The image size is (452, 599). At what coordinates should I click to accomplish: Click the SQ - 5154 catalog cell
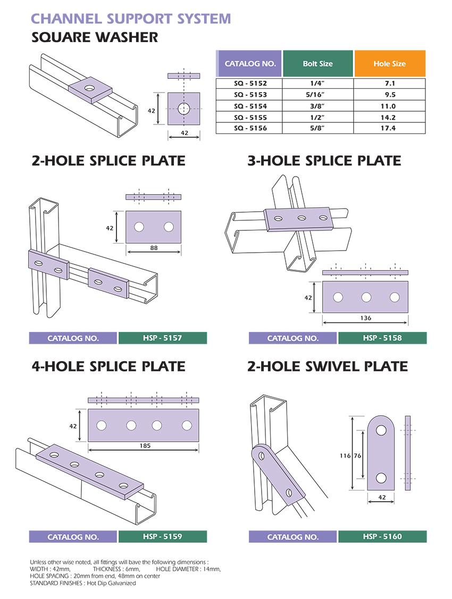[249, 106]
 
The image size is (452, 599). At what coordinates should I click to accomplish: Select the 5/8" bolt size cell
[317, 128]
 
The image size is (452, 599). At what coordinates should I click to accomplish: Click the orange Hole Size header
[390, 63]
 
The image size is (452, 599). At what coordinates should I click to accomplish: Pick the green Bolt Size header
[317, 63]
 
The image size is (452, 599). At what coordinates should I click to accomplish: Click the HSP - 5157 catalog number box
[163, 338]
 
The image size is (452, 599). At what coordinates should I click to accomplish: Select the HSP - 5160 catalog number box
[382, 536]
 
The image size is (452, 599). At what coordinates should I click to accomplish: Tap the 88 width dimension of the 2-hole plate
[154, 248]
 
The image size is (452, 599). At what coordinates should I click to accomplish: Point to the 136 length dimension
[366, 318]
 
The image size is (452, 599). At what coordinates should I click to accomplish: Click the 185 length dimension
[145, 445]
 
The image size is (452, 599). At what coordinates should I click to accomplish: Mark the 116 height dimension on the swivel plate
[345, 455]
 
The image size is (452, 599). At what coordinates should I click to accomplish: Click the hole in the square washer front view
[184, 109]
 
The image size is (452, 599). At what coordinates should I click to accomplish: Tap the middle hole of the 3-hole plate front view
[366, 297]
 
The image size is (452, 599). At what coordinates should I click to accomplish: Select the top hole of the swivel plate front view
[381, 430]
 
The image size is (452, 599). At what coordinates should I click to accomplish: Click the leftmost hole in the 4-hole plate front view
[102, 425]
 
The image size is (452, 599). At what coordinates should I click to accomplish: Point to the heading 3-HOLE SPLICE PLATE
[324, 161]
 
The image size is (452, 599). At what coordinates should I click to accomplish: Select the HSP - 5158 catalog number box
[382, 338]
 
